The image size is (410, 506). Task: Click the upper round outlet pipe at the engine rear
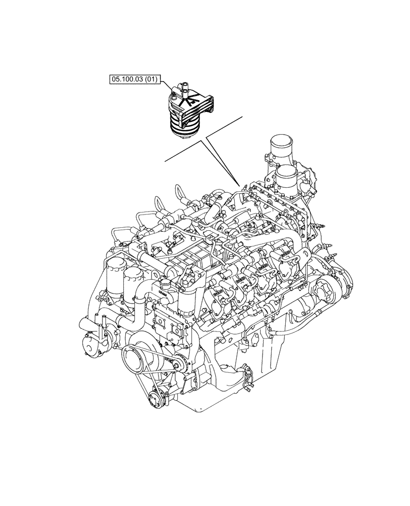tap(281, 147)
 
